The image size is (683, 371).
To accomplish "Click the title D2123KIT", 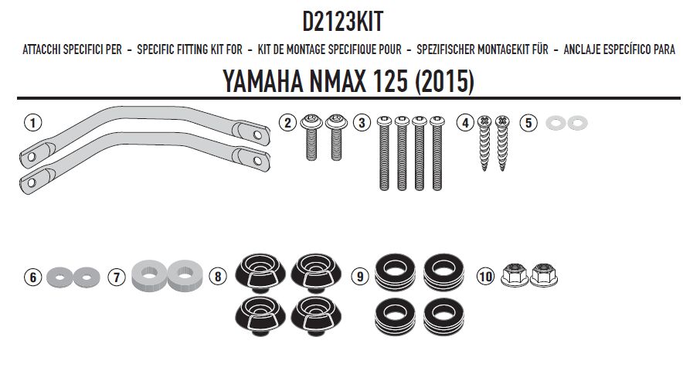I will click(x=341, y=20).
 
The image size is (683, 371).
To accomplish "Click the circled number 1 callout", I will click(x=31, y=122).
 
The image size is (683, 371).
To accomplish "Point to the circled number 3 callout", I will click(x=361, y=122).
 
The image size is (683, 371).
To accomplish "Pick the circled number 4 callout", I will click(x=464, y=122).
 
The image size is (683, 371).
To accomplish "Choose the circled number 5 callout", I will click(x=528, y=122).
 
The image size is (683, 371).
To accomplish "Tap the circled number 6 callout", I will click(x=31, y=276).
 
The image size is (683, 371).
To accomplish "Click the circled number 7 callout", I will click(x=116, y=276).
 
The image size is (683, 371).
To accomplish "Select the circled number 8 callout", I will click(x=218, y=276).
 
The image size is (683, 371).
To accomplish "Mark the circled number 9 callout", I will click(x=358, y=276).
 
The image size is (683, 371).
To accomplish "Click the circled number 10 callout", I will click(x=485, y=276).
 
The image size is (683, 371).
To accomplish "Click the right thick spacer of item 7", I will click(x=182, y=275).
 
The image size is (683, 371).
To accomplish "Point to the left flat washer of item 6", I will click(x=59, y=275).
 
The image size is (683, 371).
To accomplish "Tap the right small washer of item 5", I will click(x=576, y=123).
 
